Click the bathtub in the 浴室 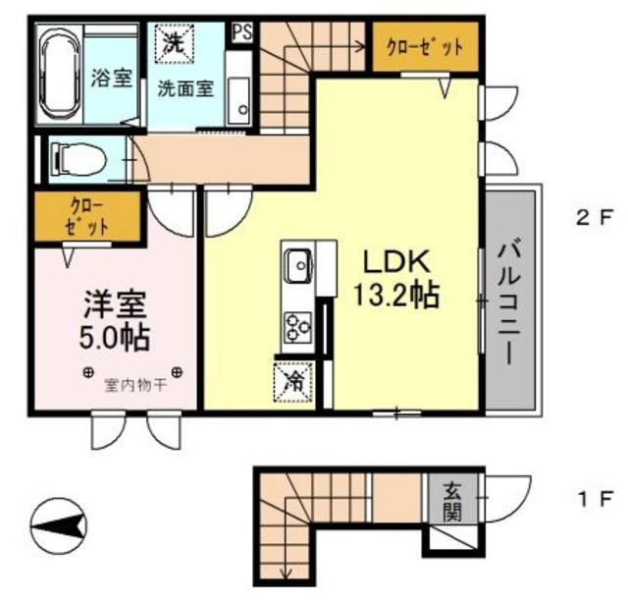tap(61, 74)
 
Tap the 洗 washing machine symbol tap(174, 43)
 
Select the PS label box tap(240, 31)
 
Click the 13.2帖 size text tap(397, 295)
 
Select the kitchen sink tap(297, 264)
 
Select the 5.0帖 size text tap(109, 338)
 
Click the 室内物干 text tap(134, 387)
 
